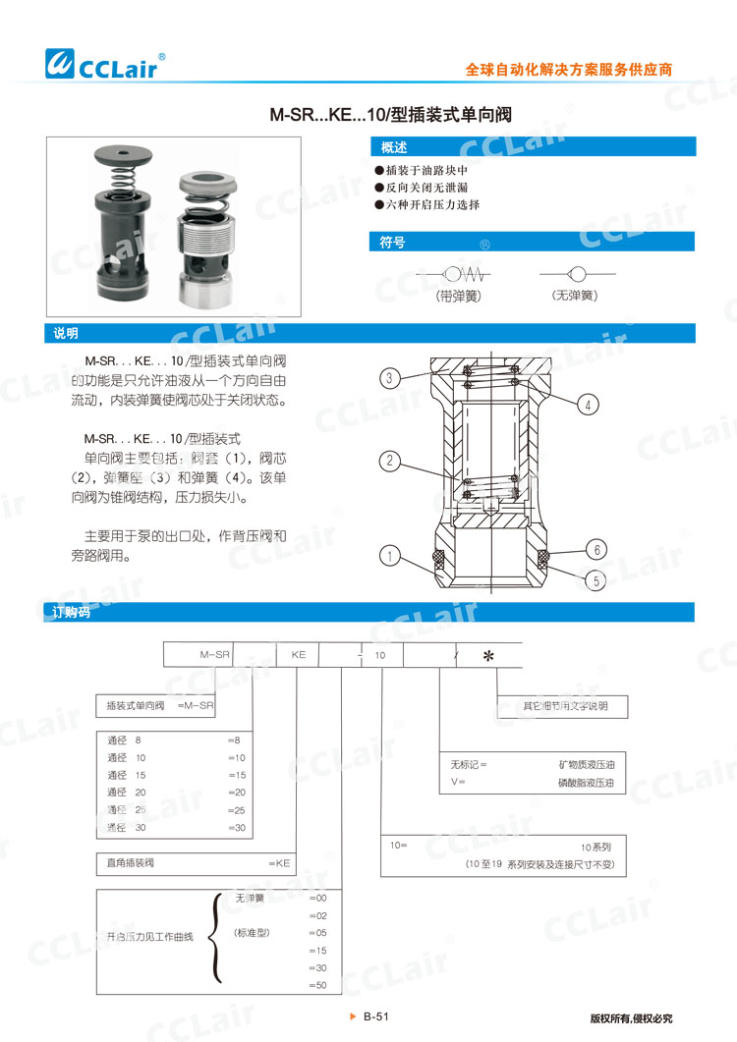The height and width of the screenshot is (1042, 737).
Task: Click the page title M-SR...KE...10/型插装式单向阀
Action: pos(391,115)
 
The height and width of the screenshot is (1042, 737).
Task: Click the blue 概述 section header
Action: pos(394,147)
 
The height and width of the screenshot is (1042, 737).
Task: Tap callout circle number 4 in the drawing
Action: pos(588,404)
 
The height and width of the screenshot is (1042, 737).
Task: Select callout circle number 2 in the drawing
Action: pos(390,461)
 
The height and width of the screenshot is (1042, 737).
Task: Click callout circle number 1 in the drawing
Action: pos(390,557)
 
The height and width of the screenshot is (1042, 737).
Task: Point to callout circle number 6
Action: pos(595,549)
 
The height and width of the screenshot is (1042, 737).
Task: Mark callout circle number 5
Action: pos(595,580)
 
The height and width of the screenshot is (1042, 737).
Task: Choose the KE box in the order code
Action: pos(298,652)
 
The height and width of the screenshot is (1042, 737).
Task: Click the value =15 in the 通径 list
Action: pos(236,775)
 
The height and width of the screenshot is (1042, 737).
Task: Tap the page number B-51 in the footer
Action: pos(376,1017)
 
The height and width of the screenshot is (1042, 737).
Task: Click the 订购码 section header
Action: pos(71,612)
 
